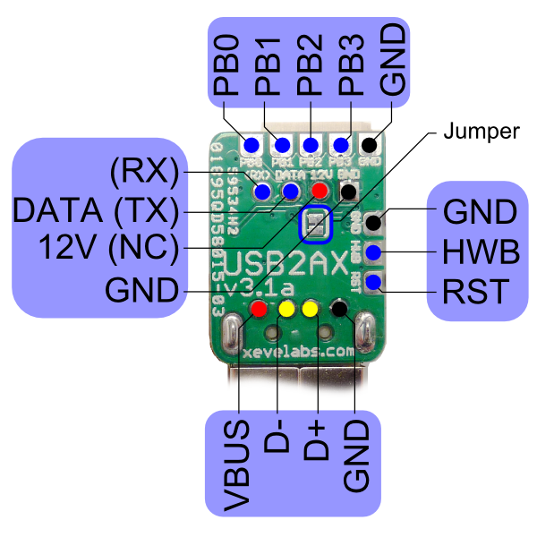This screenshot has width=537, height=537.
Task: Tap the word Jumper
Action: [482, 132]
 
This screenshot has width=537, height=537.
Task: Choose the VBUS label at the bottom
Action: [238, 462]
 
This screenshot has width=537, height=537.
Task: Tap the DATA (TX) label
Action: [95, 209]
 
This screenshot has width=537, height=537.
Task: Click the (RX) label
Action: [144, 169]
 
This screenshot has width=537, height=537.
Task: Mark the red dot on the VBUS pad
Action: [259, 310]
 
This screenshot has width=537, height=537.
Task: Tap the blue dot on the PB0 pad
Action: [251, 145]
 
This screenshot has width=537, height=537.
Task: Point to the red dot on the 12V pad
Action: [320, 191]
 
